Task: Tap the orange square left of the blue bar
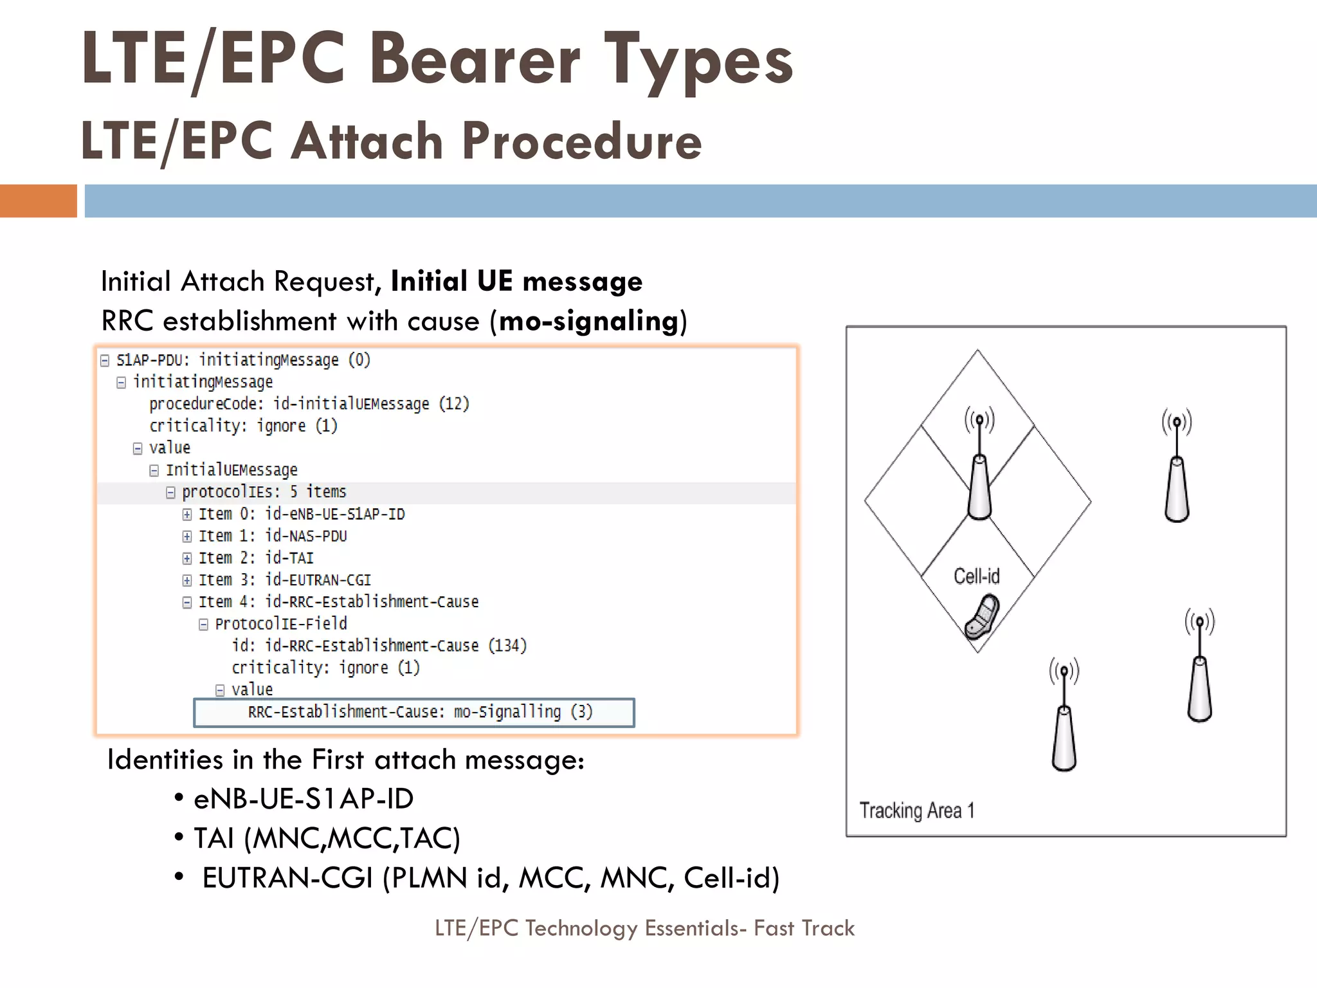(x=38, y=201)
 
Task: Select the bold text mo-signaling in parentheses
(x=588, y=320)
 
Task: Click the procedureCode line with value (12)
(x=309, y=404)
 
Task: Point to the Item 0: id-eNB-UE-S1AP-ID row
(x=301, y=514)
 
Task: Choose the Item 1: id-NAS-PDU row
(x=272, y=536)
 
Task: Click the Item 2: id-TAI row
(x=255, y=558)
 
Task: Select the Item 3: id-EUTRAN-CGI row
(x=284, y=580)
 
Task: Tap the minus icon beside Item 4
(x=186, y=603)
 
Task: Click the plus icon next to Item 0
(x=186, y=515)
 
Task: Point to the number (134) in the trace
(x=507, y=645)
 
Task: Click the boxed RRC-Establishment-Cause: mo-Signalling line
(x=420, y=712)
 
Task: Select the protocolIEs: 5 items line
(x=264, y=492)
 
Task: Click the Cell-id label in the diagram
(x=976, y=576)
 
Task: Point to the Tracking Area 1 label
(x=917, y=810)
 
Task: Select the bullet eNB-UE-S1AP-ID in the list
(x=303, y=799)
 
